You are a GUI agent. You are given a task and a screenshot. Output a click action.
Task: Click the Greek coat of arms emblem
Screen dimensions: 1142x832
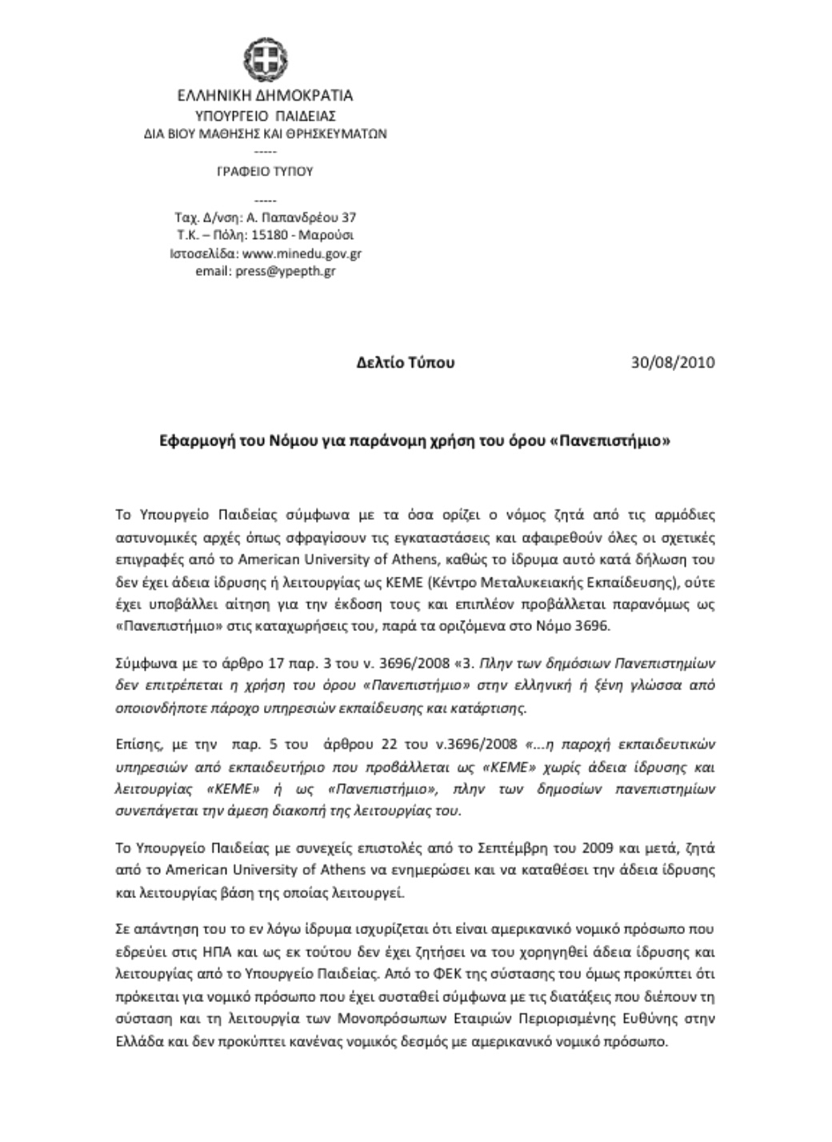tap(266, 58)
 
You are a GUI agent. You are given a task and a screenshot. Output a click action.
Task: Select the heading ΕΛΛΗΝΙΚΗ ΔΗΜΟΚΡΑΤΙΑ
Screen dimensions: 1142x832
tap(265, 96)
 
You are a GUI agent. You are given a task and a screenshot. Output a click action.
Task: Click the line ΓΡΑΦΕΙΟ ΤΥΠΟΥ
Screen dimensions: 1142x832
tap(265, 172)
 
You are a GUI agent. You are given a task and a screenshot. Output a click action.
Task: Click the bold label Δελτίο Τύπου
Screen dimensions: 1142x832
tap(406, 362)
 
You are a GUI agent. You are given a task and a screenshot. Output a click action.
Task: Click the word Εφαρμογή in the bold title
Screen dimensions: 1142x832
tap(190, 441)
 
